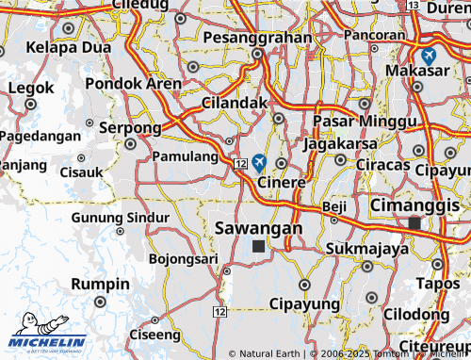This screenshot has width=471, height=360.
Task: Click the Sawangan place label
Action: coord(259,228)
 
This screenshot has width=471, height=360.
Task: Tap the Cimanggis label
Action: coord(415,205)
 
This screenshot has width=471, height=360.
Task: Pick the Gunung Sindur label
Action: coord(121,217)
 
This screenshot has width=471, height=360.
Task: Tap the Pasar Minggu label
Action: coord(351,123)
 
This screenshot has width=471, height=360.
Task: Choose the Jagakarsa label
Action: coord(340,144)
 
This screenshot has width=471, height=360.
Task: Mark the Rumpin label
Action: coord(101,284)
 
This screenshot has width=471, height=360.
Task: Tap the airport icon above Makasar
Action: coord(429,56)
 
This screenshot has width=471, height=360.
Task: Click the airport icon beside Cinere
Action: coord(259,162)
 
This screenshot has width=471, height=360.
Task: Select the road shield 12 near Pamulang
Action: coord(241,165)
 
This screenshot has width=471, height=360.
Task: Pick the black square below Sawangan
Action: coord(259,246)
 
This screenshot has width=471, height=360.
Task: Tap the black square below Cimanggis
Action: coord(414,222)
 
